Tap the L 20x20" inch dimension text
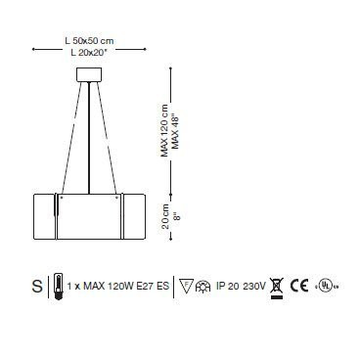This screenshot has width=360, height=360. click(90, 50)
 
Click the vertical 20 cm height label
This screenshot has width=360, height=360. click(163, 211)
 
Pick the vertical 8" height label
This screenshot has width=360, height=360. click(176, 211)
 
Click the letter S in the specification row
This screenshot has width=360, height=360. click(37, 287)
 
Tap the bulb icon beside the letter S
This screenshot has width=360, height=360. click(58, 287)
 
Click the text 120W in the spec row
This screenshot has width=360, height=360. click(119, 288)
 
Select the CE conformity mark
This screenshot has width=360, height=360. click(299, 287)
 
